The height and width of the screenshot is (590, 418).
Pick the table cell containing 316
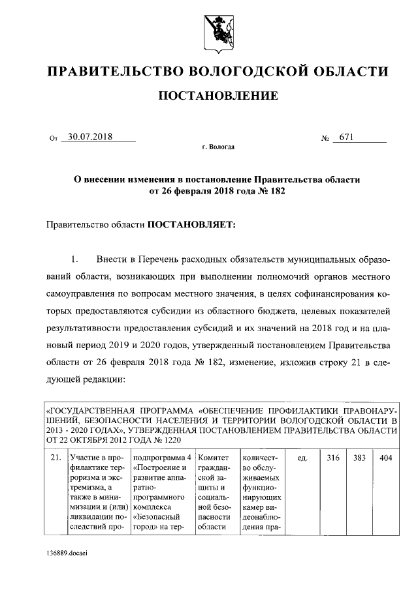333,458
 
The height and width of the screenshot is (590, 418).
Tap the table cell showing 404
385,458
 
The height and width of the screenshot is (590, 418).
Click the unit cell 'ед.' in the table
302,458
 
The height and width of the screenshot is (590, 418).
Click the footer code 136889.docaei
67,552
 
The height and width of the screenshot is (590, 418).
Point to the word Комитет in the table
212,458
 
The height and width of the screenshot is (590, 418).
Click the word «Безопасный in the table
155,517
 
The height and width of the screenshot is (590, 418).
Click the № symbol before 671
325,138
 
